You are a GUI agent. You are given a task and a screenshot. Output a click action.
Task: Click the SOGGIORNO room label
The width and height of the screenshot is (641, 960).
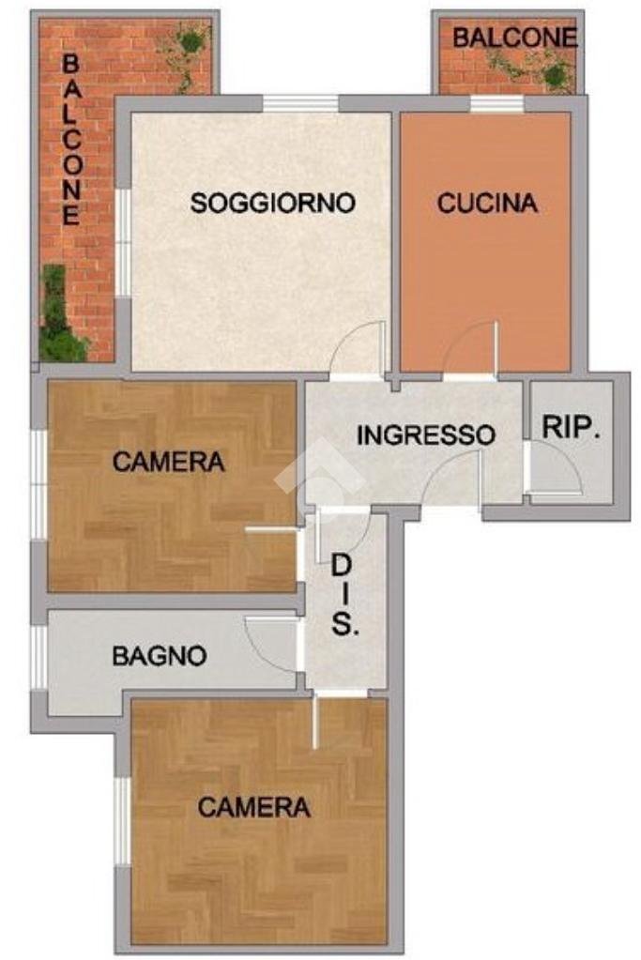coord(272,203)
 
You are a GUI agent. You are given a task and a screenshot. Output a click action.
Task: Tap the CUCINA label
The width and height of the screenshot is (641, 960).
coord(487,203)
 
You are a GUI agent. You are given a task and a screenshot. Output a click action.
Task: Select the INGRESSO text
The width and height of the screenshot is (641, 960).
coord(425,435)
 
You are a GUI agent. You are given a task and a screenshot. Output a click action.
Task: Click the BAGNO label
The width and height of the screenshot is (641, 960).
coord(160,656)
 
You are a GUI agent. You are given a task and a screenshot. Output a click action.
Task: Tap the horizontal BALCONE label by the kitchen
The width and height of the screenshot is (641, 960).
coord(513,38)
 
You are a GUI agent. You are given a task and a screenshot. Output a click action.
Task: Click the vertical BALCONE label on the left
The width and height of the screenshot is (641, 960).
coord(70,139)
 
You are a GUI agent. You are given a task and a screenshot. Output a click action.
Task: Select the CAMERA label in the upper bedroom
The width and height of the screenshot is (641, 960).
coord(169,462)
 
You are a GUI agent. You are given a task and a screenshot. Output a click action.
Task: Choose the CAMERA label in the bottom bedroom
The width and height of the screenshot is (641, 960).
coord(254,807)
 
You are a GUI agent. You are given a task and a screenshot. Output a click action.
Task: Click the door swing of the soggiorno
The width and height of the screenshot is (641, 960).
coord(359,348)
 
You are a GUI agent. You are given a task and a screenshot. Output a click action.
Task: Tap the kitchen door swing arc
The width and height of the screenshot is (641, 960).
coord(471,349)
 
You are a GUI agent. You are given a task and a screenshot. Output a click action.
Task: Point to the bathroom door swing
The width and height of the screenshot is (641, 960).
coord(272,645)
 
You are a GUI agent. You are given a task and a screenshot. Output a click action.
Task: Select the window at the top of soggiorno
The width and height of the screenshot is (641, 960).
coord(299,104)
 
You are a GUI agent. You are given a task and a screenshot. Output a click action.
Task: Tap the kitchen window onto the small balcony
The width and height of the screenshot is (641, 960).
coord(496,104)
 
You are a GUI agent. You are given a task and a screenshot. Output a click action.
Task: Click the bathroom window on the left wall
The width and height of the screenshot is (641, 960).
coord(38,656)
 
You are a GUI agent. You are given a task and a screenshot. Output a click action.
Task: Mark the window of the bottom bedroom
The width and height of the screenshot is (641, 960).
coord(122,820)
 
